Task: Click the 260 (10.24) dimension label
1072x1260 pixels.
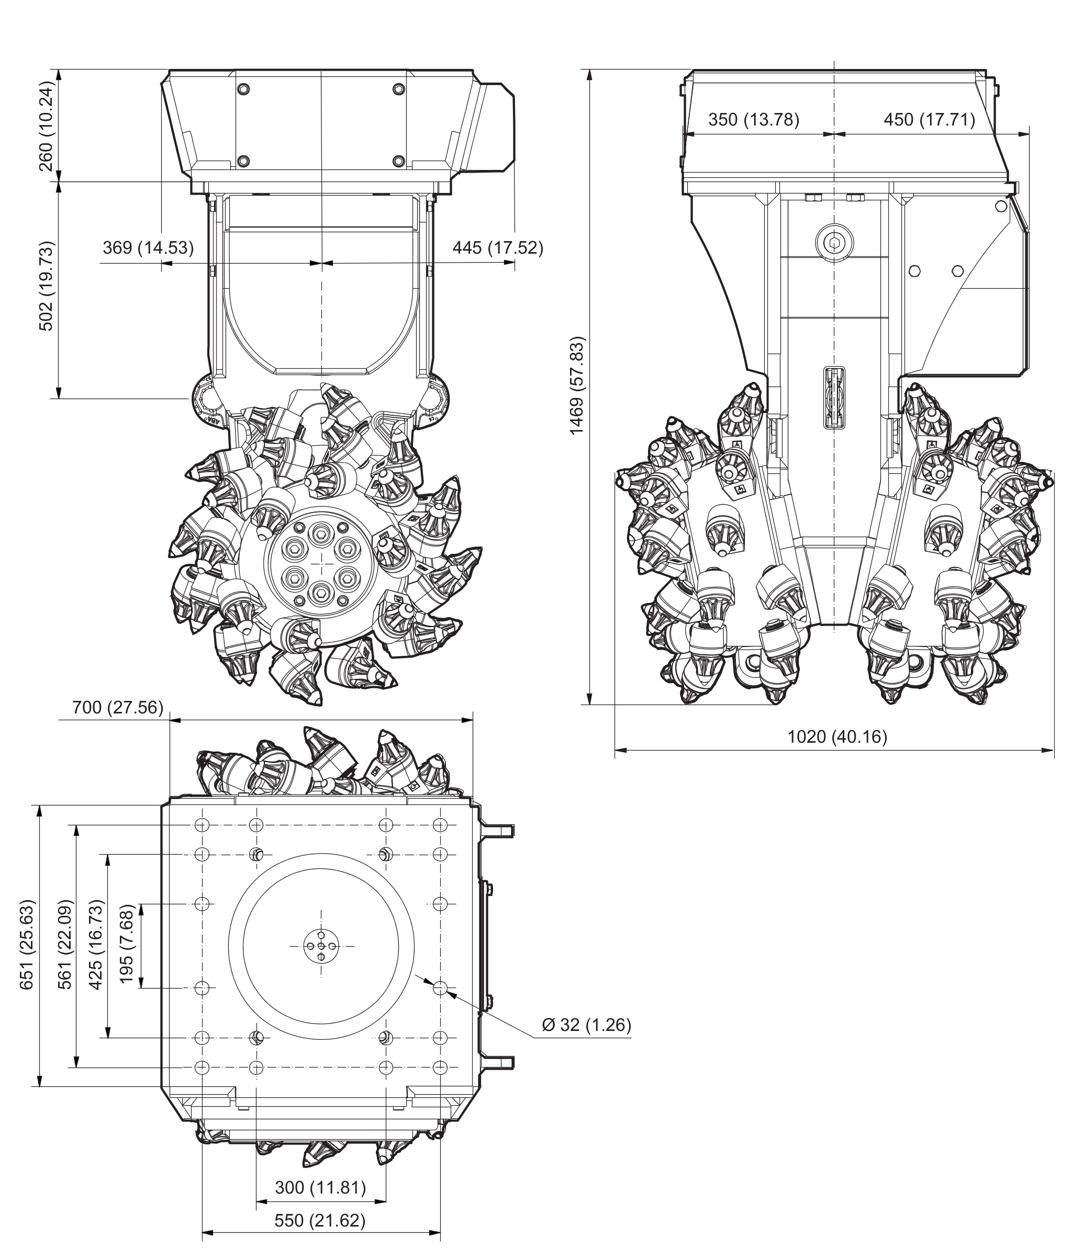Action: coord(47,126)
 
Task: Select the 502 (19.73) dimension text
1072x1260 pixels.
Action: coord(47,286)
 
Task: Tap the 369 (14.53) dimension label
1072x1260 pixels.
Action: coord(148,247)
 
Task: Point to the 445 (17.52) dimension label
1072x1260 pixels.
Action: coord(498,247)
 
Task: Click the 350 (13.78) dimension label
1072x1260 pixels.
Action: coord(754,120)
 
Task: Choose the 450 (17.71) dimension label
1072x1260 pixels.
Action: coord(929,120)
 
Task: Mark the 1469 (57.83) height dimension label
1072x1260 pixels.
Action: coord(577,385)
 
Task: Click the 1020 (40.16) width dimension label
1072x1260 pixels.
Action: coord(837,736)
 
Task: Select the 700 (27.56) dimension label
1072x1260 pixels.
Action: coord(118,708)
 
